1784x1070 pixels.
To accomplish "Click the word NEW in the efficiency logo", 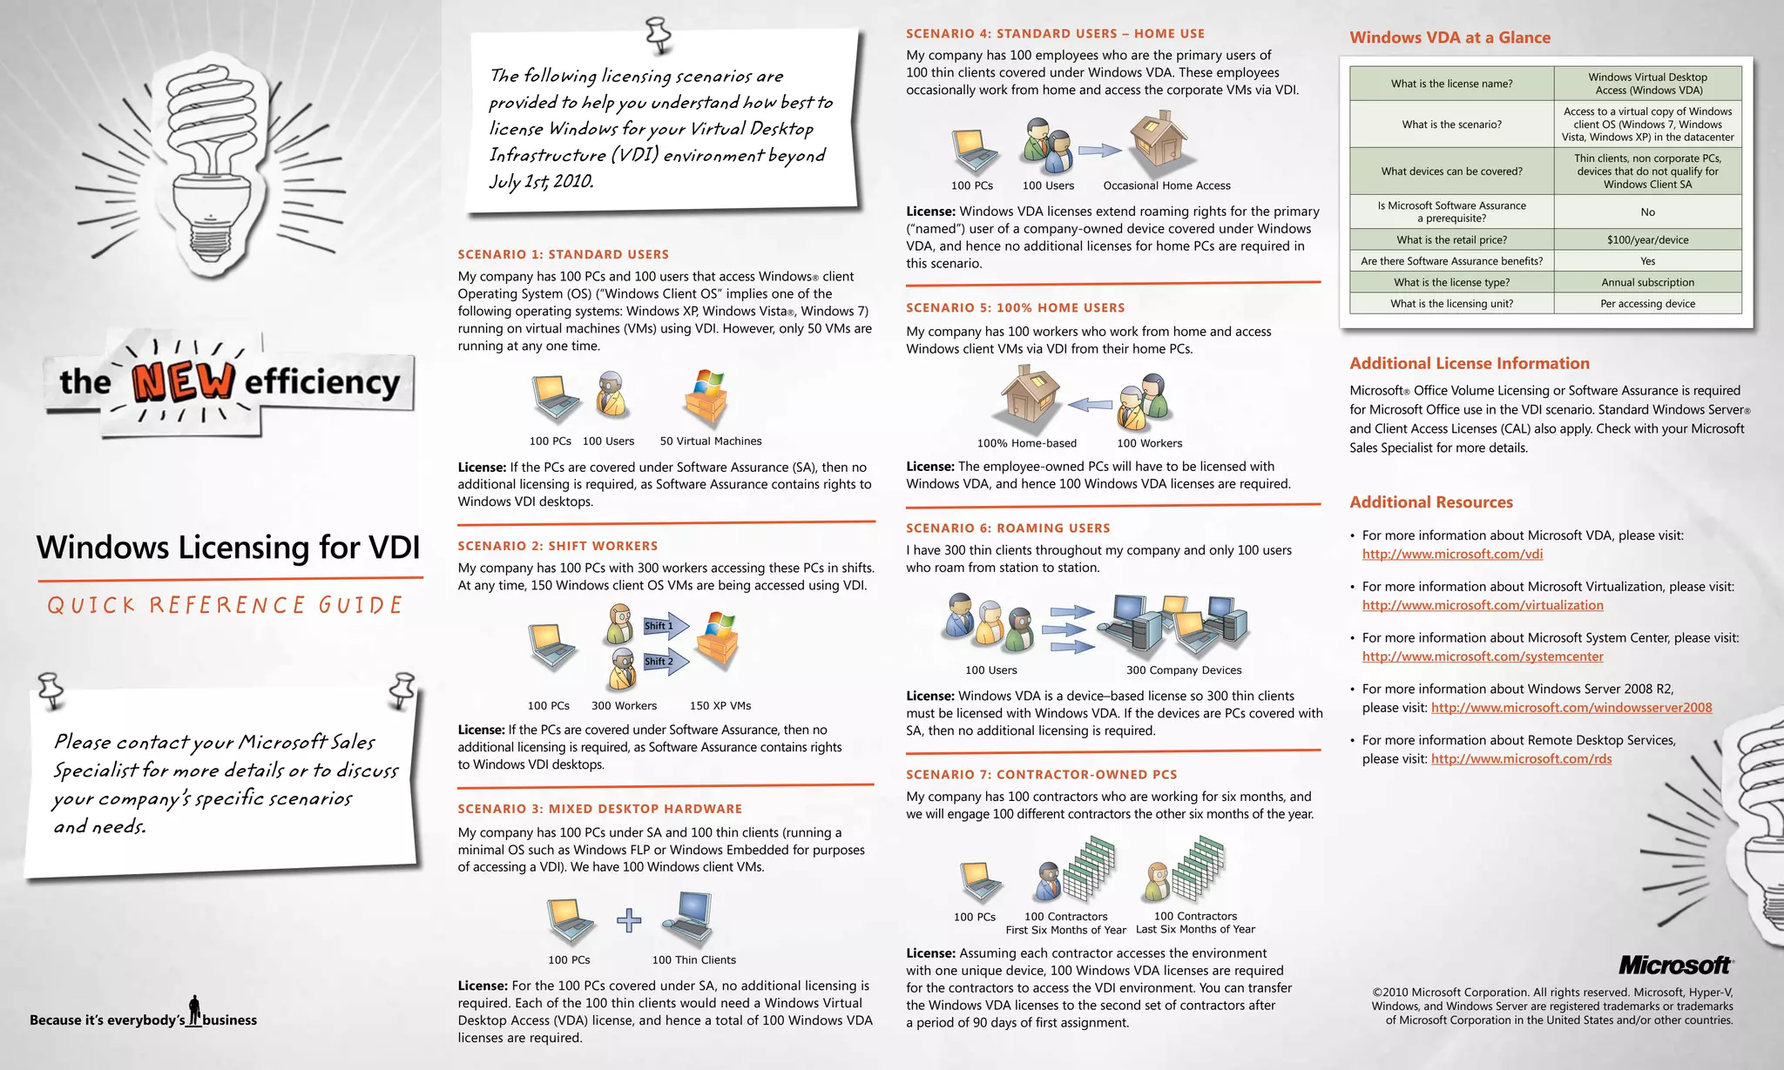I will click(183, 381).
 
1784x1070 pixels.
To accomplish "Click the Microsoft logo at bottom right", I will click(1675, 965).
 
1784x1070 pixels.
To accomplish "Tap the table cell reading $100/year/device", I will click(1647, 239).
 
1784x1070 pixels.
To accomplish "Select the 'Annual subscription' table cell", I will click(1647, 282).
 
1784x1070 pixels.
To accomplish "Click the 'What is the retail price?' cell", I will click(1451, 239).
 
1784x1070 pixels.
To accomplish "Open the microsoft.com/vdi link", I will click(1452, 554).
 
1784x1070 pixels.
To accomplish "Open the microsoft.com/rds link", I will click(1521, 759).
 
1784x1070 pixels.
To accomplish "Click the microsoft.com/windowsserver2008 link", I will click(1571, 708).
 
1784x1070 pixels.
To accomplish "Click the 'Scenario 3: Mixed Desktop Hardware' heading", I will click(600, 809).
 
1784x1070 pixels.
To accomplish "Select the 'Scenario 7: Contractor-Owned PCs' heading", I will click(1041, 774).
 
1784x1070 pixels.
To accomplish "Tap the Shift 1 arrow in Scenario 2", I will click(666, 626).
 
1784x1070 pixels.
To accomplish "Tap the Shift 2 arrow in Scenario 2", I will click(666, 662).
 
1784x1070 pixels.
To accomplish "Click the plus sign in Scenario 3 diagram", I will click(629, 920).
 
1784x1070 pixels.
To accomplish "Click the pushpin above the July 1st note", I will click(659, 36).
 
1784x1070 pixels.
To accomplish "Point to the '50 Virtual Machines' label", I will click(710, 441).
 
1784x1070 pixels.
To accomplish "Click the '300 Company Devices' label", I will click(1183, 670).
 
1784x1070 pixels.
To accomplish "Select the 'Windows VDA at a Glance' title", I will click(1449, 37).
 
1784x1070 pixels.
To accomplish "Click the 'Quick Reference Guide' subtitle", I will click(226, 605).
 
